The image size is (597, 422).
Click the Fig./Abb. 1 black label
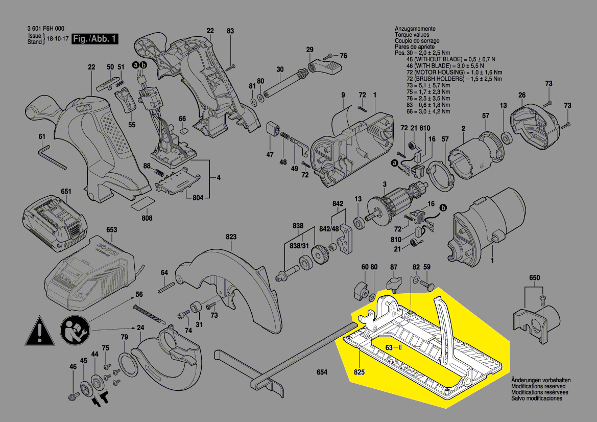(x=95, y=39)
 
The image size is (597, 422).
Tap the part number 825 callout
(x=359, y=372)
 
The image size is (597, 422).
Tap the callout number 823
(x=231, y=237)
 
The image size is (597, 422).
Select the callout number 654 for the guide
(x=321, y=372)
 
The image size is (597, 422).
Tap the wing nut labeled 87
(x=394, y=282)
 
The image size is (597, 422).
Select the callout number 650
(x=534, y=278)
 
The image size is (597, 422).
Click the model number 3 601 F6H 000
(x=45, y=29)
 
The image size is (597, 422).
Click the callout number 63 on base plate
(x=389, y=348)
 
